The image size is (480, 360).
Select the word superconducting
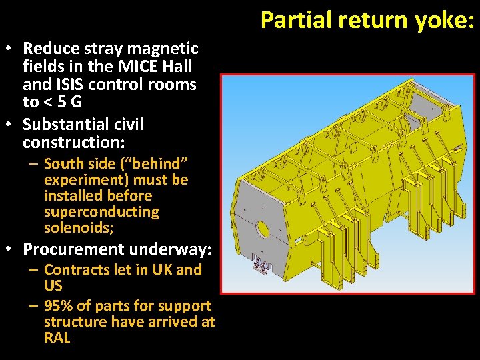pos(101,213)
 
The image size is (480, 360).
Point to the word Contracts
pos(75,270)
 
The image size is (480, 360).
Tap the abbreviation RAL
pos(57,337)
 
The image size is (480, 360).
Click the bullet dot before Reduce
pos(13,49)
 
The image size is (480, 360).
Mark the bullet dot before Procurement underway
pos(13,250)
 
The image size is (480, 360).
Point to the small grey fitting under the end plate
pos(261,267)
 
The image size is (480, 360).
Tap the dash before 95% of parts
pos(33,306)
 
